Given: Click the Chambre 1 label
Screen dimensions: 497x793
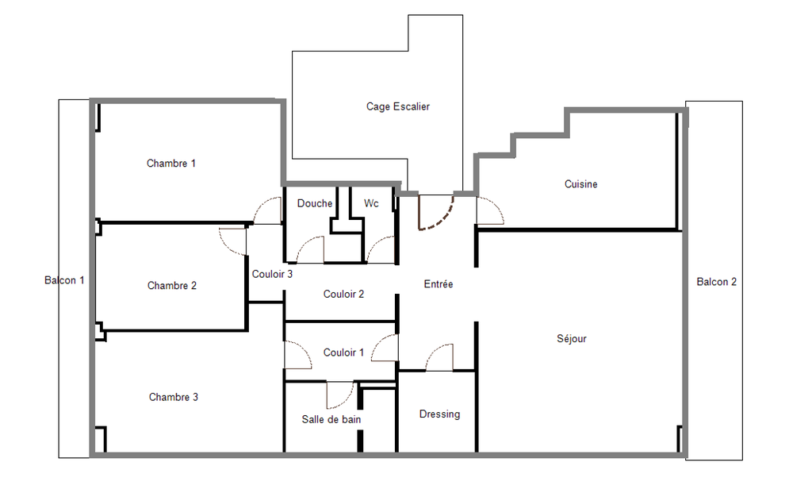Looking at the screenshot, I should tap(171, 164).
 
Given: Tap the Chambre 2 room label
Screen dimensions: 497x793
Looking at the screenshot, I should tap(172, 286).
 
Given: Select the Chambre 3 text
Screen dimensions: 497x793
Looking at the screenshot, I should tap(174, 397).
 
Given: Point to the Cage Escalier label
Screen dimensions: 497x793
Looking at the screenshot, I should tap(398, 106).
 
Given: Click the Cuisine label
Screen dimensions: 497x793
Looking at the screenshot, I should tap(581, 184).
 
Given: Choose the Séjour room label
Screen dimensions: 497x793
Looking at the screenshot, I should tap(572, 339).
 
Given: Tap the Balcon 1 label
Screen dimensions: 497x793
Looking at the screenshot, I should tap(64, 280).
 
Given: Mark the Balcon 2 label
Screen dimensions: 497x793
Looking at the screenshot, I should tap(716, 282).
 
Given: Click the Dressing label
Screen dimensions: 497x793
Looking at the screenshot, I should tap(439, 414).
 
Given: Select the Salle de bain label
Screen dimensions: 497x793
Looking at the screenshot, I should tap(331, 419).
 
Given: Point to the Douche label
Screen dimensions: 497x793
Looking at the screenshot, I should tap(315, 203).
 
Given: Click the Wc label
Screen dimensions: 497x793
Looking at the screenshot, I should tap(371, 203).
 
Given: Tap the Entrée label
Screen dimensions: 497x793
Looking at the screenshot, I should tap(439, 284).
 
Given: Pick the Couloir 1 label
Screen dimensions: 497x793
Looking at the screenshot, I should tap(344, 353).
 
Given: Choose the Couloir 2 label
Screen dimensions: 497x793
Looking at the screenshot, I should tap(344, 294).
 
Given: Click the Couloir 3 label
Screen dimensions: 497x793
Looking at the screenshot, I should tap(273, 274).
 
